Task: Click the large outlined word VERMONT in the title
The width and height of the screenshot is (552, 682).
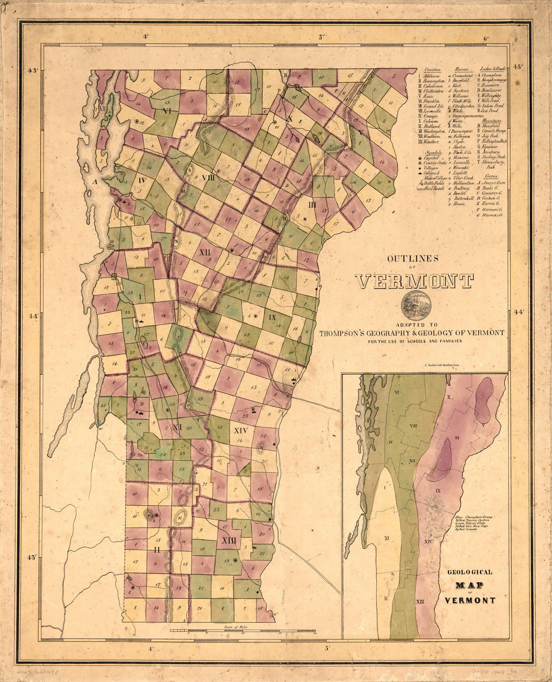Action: (415, 282)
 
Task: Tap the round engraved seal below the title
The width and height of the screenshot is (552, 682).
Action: (416, 306)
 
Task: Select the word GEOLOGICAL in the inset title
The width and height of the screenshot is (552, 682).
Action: (470, 572)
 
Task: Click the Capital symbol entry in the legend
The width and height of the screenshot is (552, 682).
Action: (433, 157)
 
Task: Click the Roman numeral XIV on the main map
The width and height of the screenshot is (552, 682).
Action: (241, 430)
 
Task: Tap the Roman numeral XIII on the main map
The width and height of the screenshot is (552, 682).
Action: (227, 540)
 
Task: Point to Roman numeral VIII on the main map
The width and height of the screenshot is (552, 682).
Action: (208, 178)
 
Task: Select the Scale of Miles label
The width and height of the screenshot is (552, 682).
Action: (235, 627)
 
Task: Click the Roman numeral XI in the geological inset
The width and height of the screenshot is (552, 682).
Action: (387, 538)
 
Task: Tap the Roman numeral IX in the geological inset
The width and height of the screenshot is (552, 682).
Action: (438, 490)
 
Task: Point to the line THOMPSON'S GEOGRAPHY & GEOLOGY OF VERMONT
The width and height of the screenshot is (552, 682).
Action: (412, 333)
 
